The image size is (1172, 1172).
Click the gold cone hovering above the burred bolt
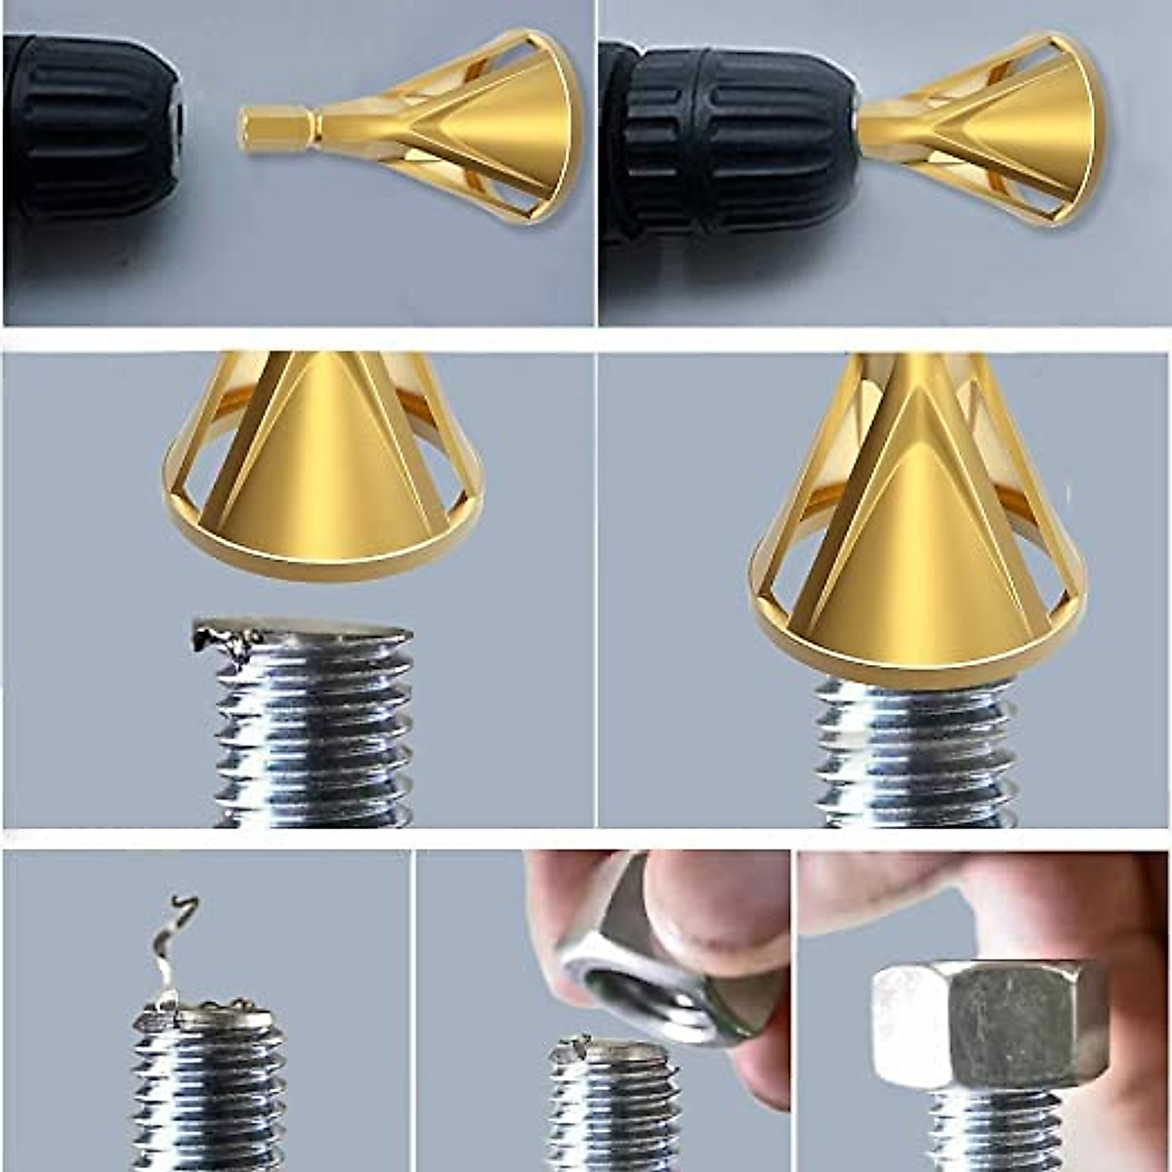click(x=322, y=459)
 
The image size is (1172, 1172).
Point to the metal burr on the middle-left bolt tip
click(x=220, y=640)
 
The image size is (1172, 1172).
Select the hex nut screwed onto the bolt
click(x=986, y=1025)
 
